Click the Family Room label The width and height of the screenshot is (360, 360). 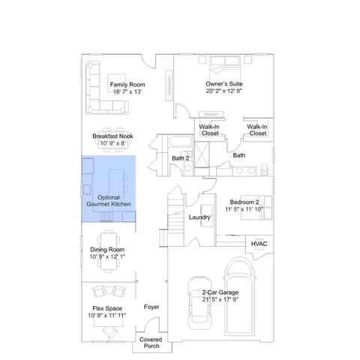(127, 85)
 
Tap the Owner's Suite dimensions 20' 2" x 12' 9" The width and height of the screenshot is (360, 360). (224, 91)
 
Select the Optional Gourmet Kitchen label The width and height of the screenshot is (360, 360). (109, 201)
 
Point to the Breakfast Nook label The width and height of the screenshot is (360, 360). (112, 136)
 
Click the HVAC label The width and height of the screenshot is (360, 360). (259, 244)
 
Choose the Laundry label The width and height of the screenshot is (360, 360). (199, 217)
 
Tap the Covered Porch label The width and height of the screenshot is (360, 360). (151, 343)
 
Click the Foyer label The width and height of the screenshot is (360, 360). (151, 307)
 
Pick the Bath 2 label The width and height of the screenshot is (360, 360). (180, 158)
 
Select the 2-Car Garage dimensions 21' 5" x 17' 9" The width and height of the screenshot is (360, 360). (220, 299)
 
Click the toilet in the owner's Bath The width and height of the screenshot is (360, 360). (264, 169)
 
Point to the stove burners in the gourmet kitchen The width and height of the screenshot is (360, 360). (106, 217)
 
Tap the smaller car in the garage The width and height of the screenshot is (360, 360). (199, 303)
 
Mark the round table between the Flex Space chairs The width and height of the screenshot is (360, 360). (109, 290)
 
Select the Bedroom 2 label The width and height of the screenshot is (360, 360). (244, 202)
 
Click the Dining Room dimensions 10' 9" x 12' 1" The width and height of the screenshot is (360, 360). (107, 256)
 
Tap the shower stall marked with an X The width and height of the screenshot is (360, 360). (202, 154)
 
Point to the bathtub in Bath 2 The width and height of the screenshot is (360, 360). (180, 142)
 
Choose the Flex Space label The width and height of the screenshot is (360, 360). (107, 308)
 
